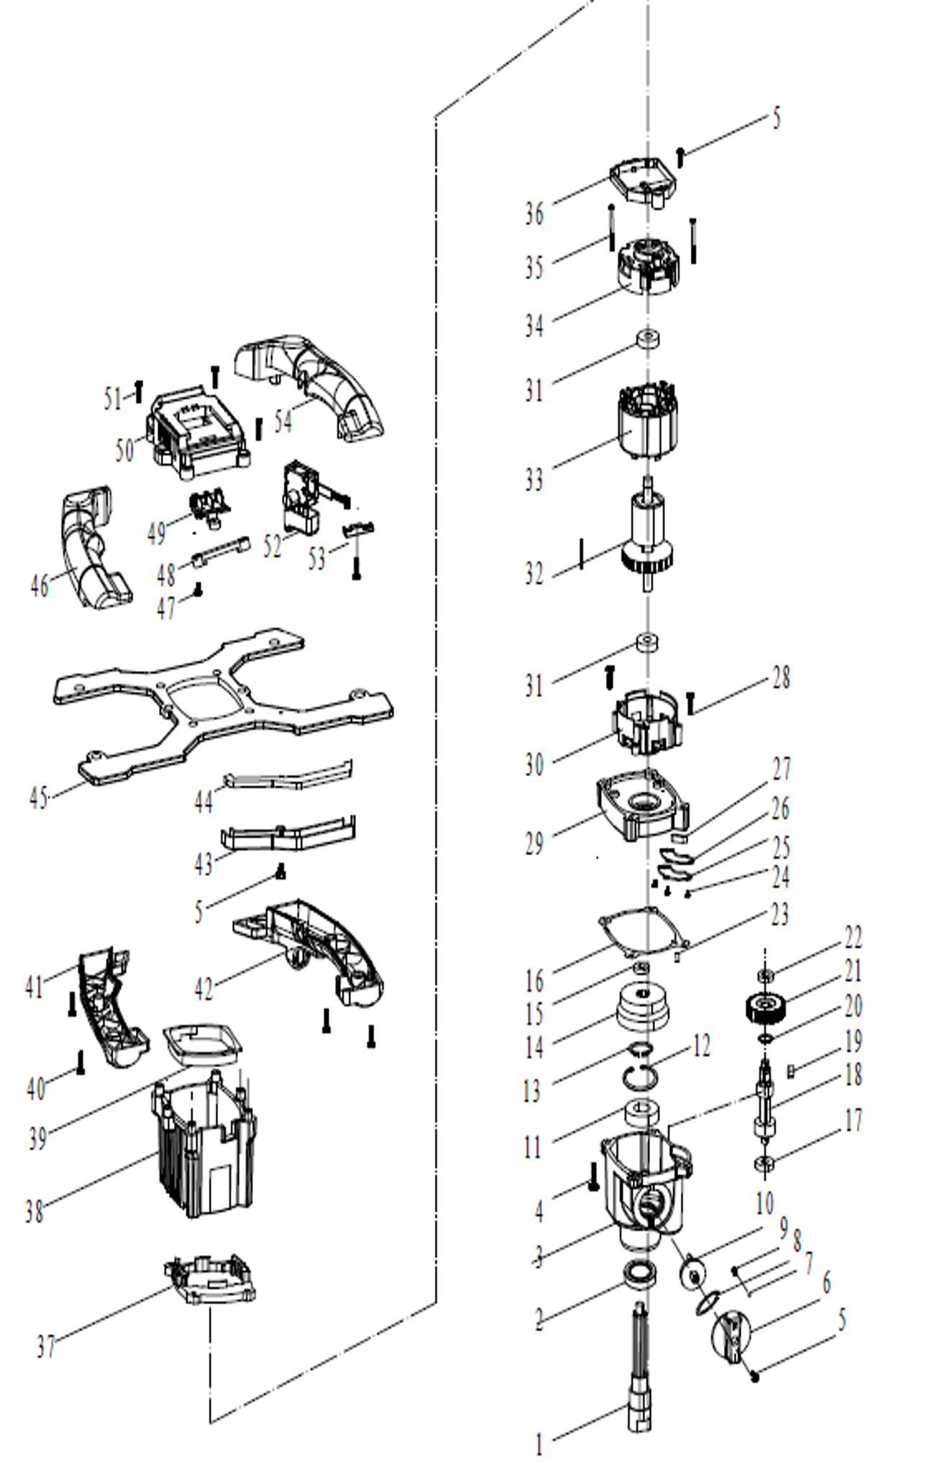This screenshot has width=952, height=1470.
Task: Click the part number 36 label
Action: (x=534, y=214)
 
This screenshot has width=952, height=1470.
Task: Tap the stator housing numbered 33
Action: (x=647, y=424)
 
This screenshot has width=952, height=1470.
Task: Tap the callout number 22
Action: (x=853, y=938)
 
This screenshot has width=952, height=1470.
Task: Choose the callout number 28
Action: (x=782, y=678)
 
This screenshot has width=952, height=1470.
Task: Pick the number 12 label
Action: (x=701, y=1046)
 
